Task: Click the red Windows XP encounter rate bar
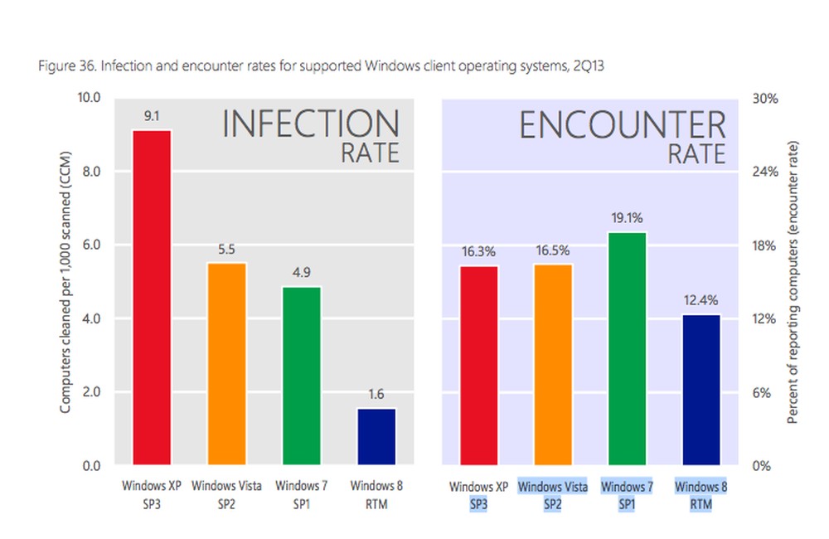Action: [x=478, y=365]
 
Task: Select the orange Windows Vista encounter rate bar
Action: [x=553, y=364]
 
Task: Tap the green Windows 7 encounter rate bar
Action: [x=627, y=348]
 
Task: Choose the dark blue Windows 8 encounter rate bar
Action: [x=701, y=389]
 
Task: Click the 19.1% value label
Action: [x=627, y=218]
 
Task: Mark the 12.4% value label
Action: [x=701, y=300]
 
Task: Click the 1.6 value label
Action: [x=376, y=395]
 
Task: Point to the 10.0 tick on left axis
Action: [x=88, y=98]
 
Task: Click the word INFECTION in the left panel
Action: [x=310, y=124]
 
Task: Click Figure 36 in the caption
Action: [x=66, y=66]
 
